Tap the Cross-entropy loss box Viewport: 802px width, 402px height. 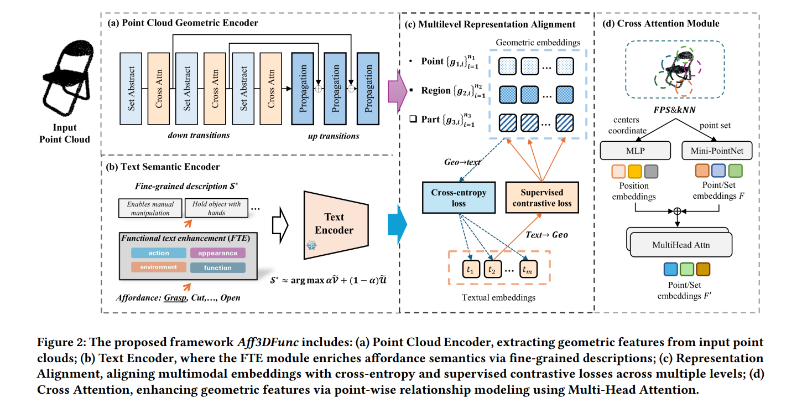[x=459, y=198]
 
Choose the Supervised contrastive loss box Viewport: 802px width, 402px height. [x=541, y=198]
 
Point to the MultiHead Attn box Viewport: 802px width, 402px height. [x=681, y=244]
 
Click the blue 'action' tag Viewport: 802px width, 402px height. [x=159, y=253]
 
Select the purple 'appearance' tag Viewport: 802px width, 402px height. [x=217, y=253]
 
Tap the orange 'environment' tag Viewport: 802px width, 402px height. [x=159, y=267]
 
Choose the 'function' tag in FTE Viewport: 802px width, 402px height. [x=217, y=268]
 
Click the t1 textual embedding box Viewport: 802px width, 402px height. [x=470, y=269]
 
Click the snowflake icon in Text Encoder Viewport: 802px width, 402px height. [x=311, y=244]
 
